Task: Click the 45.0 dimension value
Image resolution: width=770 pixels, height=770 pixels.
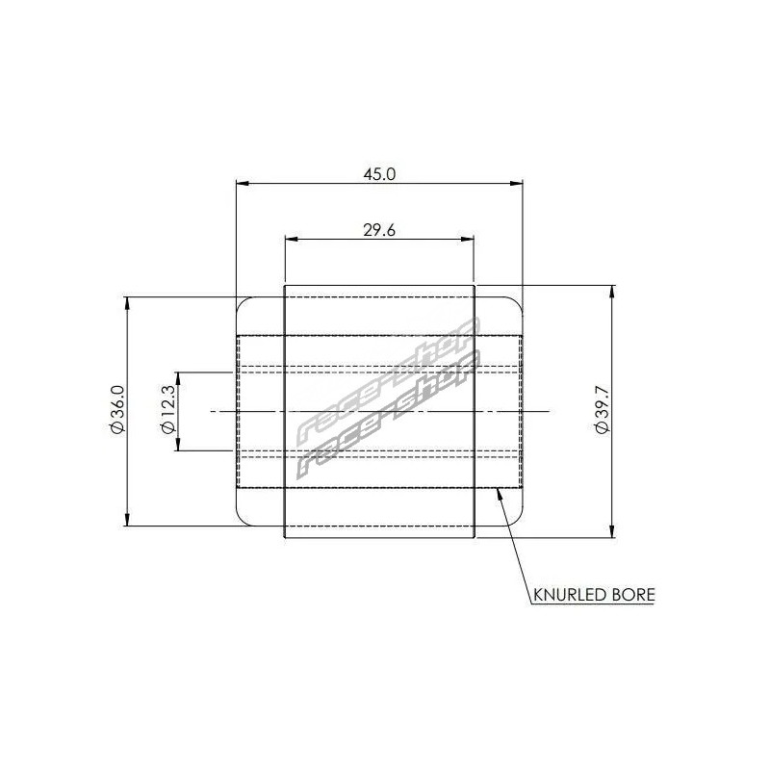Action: [379, 174]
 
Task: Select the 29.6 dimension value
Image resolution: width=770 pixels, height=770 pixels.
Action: [379, 230]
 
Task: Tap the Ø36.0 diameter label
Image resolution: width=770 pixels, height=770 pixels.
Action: [117, 410]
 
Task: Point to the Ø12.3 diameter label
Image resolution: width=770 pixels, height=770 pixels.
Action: [167, 410]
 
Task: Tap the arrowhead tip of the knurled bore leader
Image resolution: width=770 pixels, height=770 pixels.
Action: [498, 488]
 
